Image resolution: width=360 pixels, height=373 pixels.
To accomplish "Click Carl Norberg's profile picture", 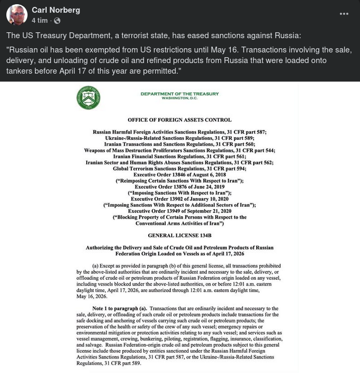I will pyautogui.click(x=17, y=15).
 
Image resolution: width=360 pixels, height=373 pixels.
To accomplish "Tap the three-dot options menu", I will pyautogui.click(x=344, y=14).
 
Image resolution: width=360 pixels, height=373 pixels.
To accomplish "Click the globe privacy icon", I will pyautogui.click(x=57, y=21).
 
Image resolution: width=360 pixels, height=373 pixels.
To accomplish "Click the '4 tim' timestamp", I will pyautogui.click(x=40, y=21).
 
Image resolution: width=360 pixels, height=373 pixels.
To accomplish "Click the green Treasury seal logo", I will pyautogui.click(x=88, y=97).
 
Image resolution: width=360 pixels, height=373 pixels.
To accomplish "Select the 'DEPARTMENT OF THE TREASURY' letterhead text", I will pyautogui.click(x=179, y=94).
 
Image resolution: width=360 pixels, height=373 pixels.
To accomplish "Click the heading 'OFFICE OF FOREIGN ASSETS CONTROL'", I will pyautogui.click(x=179, y=120).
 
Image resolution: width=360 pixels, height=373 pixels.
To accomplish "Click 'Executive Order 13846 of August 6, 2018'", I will pyautogui.click(x=179, y=175).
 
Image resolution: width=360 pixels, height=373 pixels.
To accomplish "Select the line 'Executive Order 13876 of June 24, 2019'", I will pyautogui.click(x=179, y=187).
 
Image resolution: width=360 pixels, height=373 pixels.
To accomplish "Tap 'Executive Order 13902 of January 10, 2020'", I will pyautogui.click(x=179, y=199).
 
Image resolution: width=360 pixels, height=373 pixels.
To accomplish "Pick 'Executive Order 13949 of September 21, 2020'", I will pyautogui.click(x=179, y=211).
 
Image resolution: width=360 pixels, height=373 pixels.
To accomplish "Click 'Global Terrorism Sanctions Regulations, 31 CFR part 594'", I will pyautogui.click(x=179, y=168).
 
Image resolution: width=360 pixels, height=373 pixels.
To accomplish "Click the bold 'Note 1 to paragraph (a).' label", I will pyautogui.click(x=120, y=308).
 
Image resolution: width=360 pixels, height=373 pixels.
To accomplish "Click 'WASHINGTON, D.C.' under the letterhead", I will pyautogui.click(x=179, y=99).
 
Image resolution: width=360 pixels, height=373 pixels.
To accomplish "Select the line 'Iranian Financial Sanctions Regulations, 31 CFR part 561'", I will pyautogui.click(x=179, y=156).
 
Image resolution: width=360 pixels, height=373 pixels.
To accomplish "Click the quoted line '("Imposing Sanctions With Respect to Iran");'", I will pyautogui.click(x=179, y=193).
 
